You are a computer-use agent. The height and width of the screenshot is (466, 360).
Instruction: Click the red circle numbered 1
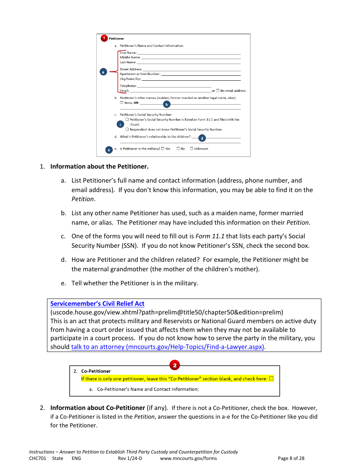(104, 38)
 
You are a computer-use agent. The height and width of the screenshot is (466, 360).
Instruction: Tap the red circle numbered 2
(175, 365)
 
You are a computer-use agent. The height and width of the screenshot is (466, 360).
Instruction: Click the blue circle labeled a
(103, 72)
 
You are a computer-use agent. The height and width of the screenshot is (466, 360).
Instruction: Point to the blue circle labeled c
(121, 124)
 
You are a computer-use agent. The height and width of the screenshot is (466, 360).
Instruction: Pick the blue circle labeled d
(202, 138)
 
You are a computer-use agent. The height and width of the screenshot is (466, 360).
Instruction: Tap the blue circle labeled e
(109, 150)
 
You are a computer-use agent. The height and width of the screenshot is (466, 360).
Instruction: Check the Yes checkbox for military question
(163, 149)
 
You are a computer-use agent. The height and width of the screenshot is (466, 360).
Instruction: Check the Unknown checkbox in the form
(192, 149)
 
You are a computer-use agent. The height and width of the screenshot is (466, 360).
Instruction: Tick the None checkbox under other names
(122, 103)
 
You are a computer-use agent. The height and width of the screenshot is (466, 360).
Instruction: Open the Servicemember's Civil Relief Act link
(97, 303)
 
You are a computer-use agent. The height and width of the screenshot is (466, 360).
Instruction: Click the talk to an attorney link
(167, 347)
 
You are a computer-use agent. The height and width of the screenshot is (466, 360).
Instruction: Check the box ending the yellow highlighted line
(271, 378)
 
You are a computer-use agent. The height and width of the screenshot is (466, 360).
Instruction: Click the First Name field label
(128, 53)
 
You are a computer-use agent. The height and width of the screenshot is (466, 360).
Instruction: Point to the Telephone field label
(128, 86)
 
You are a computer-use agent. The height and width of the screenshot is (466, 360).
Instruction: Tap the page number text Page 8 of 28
(291, 458)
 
